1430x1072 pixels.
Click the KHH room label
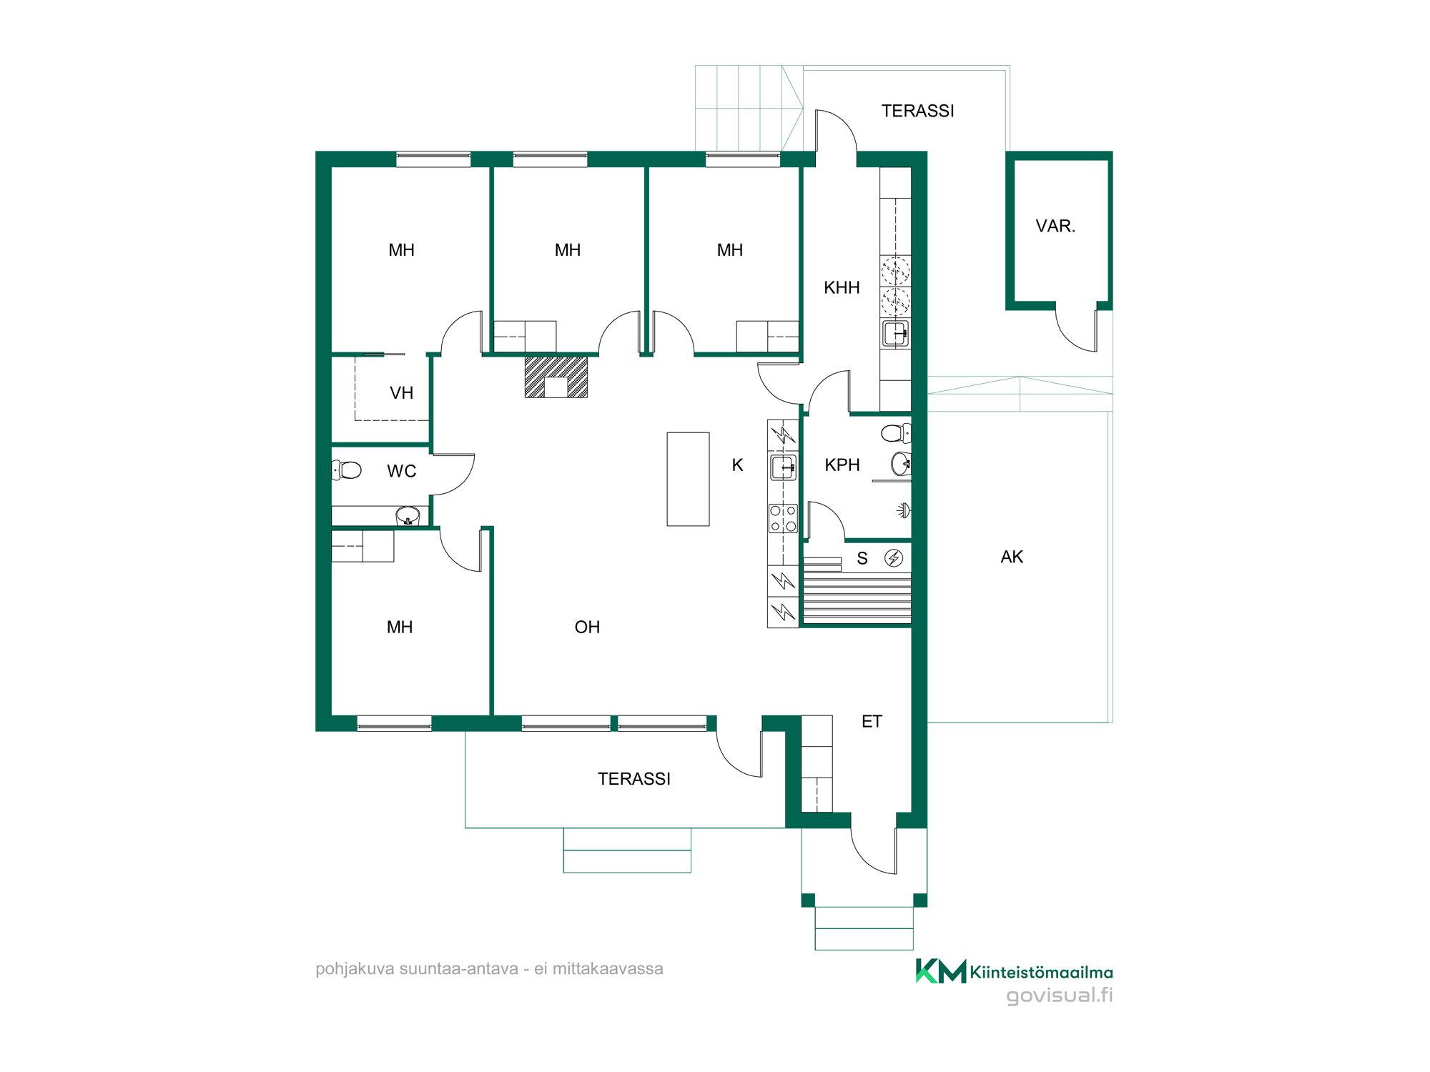pyautogui.click(x=842, y=288)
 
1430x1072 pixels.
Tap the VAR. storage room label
pyautogui.click(x=1055, y=227)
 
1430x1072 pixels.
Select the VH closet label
pyautogui.click(x=401, y=393)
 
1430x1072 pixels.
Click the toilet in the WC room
pyautogui.click(x=347, y=470)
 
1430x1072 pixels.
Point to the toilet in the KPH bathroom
pyautogui.click(x=896, y=432)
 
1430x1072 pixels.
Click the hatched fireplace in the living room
pyautogui.click(x=556, y=377)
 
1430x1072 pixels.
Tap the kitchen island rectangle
pyautogui.click(x=688, y=479)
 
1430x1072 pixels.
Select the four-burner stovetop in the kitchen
pyautogui.click(x=783, y=519)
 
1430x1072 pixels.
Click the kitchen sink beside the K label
pyautogui.click(x=783, y=467)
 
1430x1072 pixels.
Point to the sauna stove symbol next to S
pyautogui.click(x=894, y=558)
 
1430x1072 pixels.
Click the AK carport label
pyautogui.click(x=1012, y=557)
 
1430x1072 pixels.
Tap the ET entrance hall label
pyautogui.click(x=872, y=722)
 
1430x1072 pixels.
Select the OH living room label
pyautogui.click(x=587, y=627)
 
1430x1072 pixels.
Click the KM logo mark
pyautogui.click(x=941, y=971)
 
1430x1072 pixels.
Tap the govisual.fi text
pyautogui.click(x=1060, y=996)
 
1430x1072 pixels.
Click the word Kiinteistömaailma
pyautogui.click(x=1041, y=973)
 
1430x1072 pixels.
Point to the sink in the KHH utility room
pyautogui.click(x=895, y=334)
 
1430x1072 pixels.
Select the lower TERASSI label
pyautogui.click(x=634, y=779)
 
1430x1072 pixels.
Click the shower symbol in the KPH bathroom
pyautogui.click(x=904, y=510)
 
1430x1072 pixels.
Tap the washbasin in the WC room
pyautogui.click(x=408, y=515)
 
